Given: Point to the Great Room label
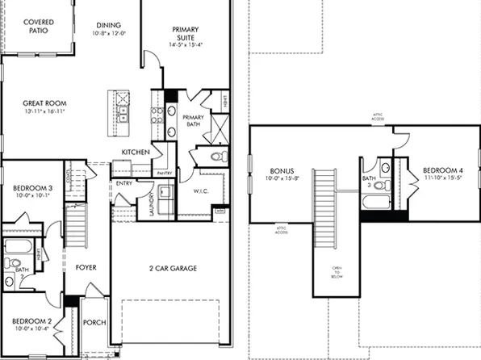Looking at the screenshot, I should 44,103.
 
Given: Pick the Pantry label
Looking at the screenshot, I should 165,173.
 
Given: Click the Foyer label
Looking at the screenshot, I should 86,263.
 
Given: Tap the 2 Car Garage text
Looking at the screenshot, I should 173,268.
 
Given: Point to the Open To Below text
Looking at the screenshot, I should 337,272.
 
